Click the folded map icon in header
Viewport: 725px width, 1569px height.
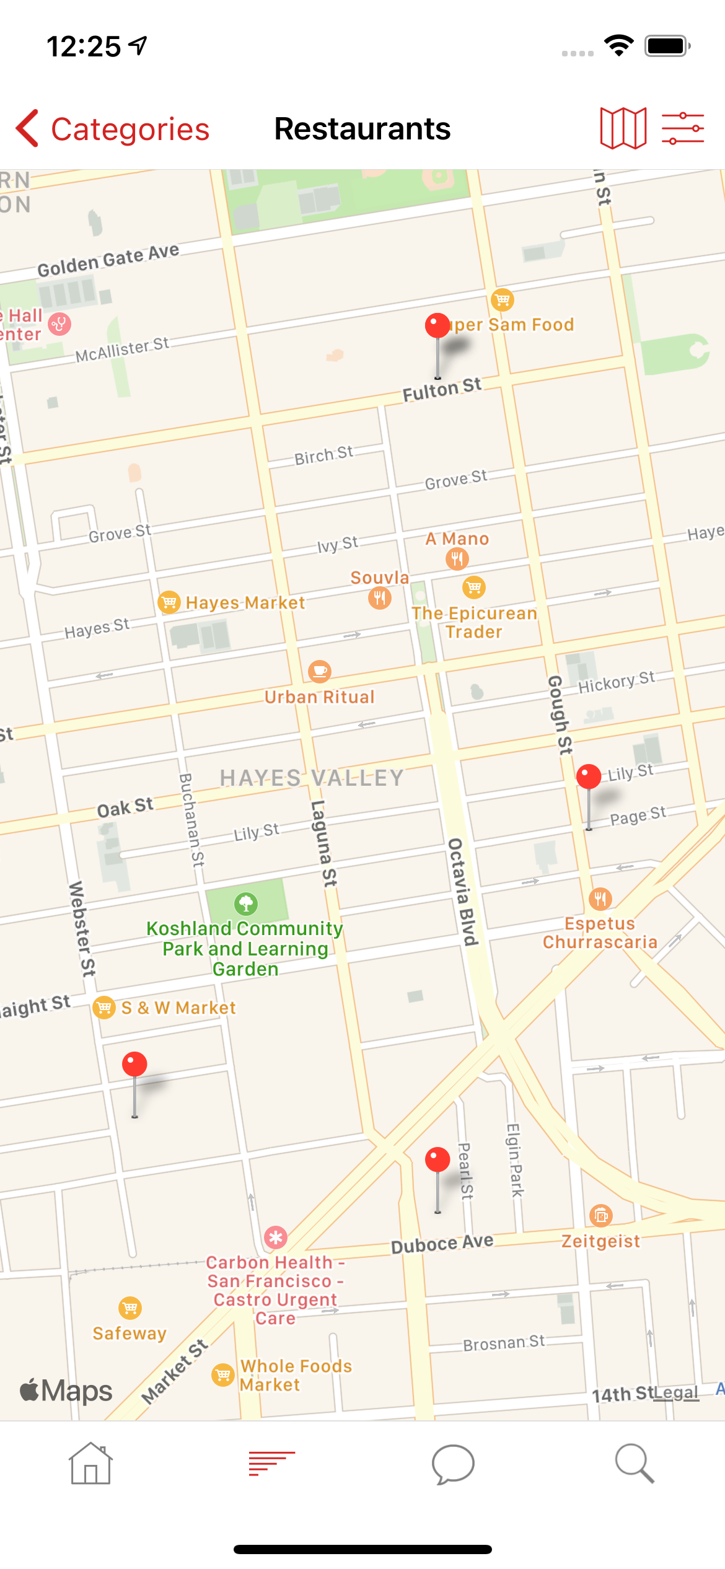[623, 128]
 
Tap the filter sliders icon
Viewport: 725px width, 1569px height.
[682, 128]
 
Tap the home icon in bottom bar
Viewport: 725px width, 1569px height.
[90, 1464]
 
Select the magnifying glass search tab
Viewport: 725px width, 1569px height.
[634, 1464]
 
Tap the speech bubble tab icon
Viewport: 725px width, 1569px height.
[453, 1464]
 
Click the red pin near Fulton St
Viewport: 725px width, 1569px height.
[437, 327]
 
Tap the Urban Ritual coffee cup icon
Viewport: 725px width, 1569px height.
[320, 671]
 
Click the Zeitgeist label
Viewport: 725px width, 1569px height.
[600, 1241]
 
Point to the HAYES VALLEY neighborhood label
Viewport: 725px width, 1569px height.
[312, 778]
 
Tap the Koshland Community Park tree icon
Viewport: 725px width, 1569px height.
[246, 903]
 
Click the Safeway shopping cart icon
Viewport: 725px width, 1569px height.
[130, 1308]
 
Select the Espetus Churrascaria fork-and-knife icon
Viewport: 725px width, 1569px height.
[600, 899]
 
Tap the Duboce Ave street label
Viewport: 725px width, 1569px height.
[442, 1243]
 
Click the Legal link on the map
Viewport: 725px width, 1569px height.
[676, 1393]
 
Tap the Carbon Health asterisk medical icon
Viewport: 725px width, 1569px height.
[276, 1237]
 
